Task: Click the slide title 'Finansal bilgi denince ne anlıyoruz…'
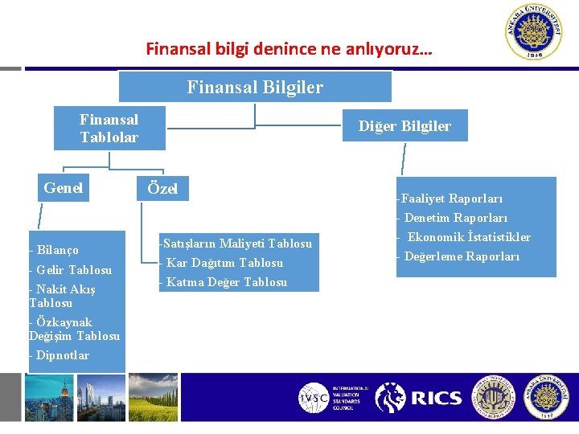click(289, 49)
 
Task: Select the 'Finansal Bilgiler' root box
click(255, 87)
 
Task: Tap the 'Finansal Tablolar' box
click(109, 129)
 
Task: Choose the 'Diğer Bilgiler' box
click(404, 126)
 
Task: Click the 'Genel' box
click(64, 188)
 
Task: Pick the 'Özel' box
click(162, 190)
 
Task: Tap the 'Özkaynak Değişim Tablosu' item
click(74, 330)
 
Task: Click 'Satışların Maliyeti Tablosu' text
click(236, 243)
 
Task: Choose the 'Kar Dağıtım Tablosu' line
click(223, 263)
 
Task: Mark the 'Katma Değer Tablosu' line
click(224, 282)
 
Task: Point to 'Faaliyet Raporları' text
click(450, 199)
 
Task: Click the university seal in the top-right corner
click(534, 32)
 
